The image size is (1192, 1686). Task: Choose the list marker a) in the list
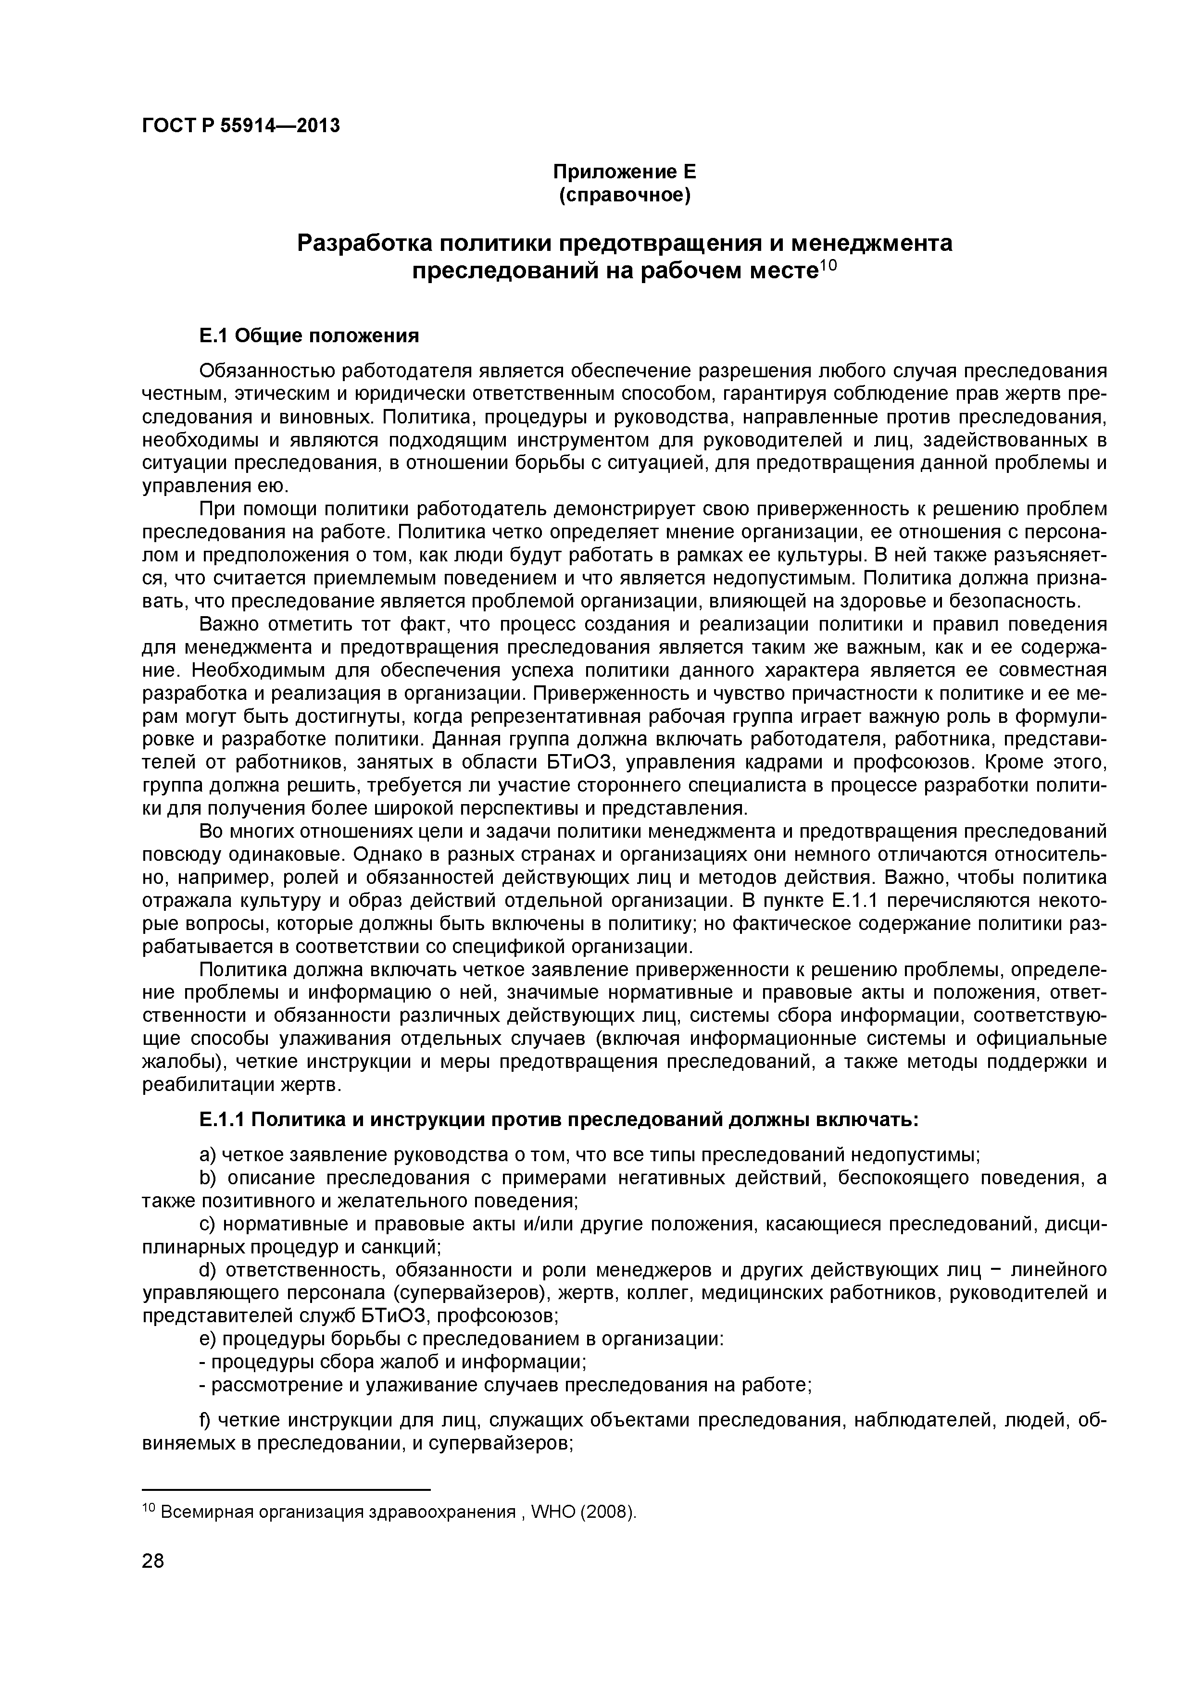click(x=207, y=1155)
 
